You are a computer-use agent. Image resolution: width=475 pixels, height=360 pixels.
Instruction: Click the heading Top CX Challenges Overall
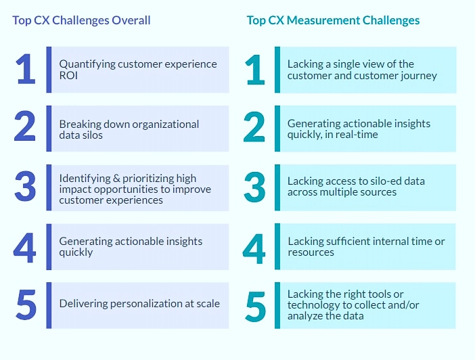pos(81,20)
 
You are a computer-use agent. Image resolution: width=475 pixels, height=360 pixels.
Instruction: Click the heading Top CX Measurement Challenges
pos(333,20)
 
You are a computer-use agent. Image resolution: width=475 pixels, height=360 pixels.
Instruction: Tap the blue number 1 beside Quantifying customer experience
pos(25,69)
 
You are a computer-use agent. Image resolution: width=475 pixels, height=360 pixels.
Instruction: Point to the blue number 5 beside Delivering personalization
pos(25,305)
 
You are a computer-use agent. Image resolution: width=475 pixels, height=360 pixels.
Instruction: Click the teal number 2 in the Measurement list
pos(254,127)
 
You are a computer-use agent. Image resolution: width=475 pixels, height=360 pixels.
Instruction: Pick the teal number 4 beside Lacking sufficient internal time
pos(254,247)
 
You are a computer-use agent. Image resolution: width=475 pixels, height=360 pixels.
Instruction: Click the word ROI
pos(70,75)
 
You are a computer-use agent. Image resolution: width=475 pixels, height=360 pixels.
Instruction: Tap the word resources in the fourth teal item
pos(311,252)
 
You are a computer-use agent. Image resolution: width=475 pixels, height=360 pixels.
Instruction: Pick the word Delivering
pos(81,304)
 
